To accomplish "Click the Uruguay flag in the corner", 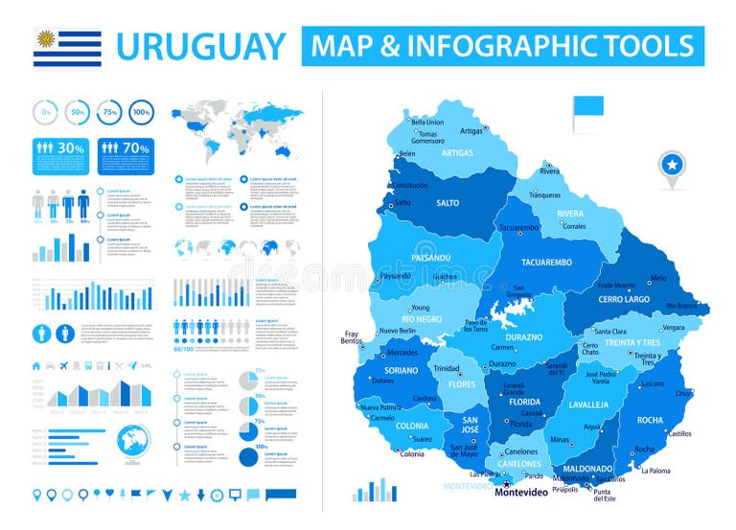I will [67, 47].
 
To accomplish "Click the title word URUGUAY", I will [200, 47].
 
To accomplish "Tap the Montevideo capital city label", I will [521, 493].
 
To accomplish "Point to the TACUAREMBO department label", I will [546, 262].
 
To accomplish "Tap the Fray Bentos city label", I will [352, 336].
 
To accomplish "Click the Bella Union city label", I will [427, 122].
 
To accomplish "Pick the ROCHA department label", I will [649, 420].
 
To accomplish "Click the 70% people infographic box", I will [126, 149].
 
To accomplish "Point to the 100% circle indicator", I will [141, 112].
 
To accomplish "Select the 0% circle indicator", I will [46, 112].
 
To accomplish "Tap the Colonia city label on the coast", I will [411, 453].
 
